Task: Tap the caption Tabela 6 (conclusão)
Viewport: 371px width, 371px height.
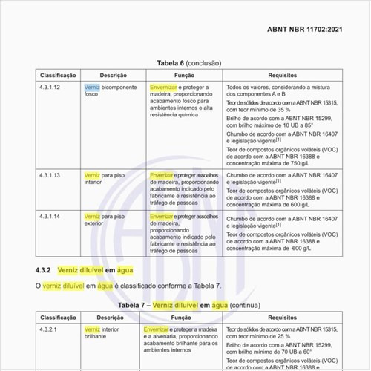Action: point(184,64)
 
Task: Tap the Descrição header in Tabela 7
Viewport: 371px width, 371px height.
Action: point(113,316)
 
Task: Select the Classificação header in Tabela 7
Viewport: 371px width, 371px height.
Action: point(59,316)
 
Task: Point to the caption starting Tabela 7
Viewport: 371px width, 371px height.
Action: point(184,304)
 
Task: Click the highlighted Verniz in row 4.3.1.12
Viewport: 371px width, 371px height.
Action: point(92,88)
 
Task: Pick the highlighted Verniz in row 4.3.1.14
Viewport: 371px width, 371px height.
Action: point(92,216)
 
